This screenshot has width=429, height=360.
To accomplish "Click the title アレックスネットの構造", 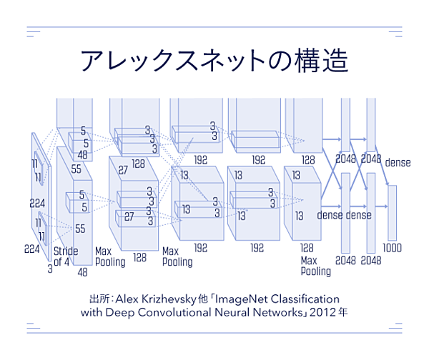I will click(214, 61).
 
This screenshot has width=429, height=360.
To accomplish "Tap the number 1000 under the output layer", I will click(392, 248).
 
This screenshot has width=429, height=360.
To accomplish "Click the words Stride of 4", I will click(61, 256).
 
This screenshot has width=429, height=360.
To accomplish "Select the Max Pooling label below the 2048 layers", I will click(315, 266).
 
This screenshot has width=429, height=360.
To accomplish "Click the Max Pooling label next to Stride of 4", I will click(109, 256).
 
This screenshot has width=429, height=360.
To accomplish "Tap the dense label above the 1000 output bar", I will click(398, 163).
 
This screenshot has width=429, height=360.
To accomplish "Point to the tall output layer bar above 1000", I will click(392, 211).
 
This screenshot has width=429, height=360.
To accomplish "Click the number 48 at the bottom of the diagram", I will click(82, 272).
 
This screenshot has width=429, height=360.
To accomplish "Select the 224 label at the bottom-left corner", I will click(32, 249).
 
